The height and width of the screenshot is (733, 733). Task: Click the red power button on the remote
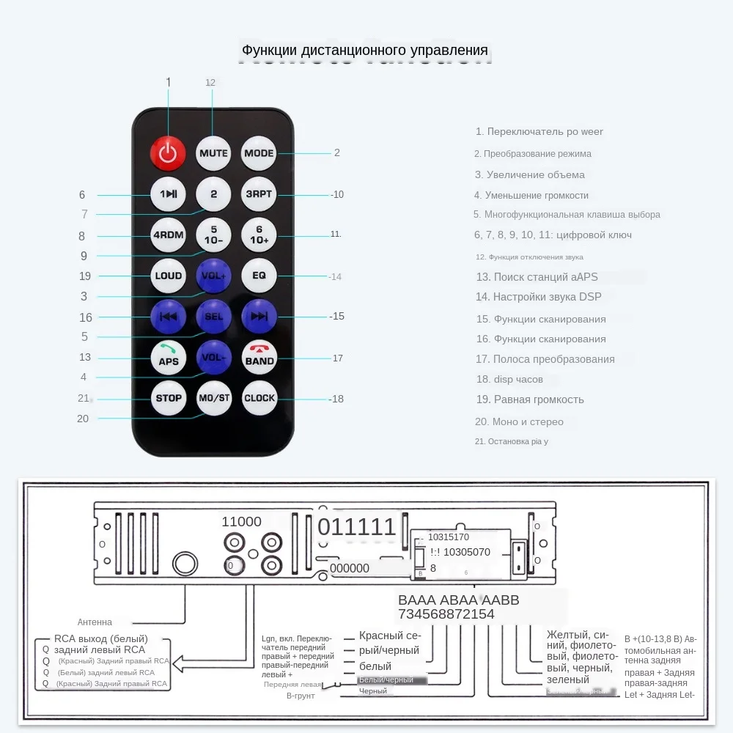pos(169,153)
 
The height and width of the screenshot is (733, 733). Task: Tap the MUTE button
pos(213,153)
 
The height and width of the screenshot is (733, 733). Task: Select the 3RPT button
pos(259,194)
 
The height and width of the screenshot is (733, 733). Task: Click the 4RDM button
pos(169,235)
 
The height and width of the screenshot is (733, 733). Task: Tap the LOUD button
pos(169,276)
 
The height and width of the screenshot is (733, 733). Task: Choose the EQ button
pos(259,276)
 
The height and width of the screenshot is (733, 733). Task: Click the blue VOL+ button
pos(213,276)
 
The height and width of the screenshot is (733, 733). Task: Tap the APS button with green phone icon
pos(169,357)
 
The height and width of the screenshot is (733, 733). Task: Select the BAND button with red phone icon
pos(259,357)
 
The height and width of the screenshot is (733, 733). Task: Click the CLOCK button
pos(259,398)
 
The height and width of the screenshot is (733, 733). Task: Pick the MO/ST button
pos(213,398)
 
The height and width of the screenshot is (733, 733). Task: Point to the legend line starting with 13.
pos(537,276)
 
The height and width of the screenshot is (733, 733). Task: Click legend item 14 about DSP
pos(538,297)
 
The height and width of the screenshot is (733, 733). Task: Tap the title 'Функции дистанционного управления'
pos(365,51)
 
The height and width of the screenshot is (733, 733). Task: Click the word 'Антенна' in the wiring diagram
pos(95,622)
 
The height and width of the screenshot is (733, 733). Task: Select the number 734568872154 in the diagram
pos(446,614)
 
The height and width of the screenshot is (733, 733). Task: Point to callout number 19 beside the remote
pos(84,276)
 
